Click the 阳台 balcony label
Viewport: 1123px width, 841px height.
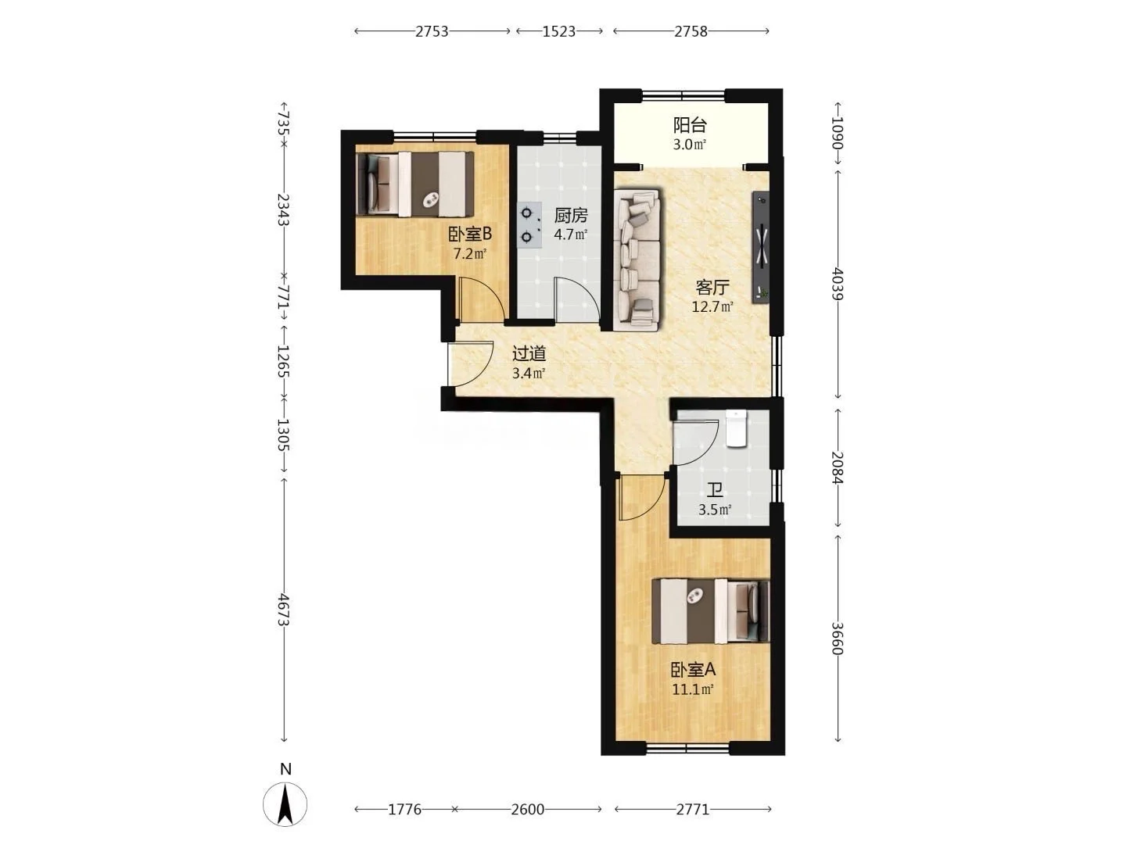point(689,125)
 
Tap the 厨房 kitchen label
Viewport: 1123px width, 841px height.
point(570,216)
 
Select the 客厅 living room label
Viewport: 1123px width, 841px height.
point(712,288)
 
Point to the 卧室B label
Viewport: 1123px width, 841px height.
point(470,234)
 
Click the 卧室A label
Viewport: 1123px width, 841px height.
point(693,669)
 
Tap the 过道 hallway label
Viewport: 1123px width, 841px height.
point(529,353)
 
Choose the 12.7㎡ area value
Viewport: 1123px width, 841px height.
point(712,306)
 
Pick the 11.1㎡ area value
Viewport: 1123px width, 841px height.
point(693,689)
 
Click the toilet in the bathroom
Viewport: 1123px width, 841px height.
point(736,428)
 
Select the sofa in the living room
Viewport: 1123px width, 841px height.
point(637,260)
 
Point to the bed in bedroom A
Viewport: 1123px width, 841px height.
point(711,611)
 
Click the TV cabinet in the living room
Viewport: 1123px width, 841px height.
point(760,248)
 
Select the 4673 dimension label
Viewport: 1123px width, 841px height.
point(284,610)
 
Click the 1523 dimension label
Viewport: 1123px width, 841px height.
point(559,32)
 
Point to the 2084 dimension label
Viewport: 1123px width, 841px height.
point(838,467)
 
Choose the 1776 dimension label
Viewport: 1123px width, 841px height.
point(404,809)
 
